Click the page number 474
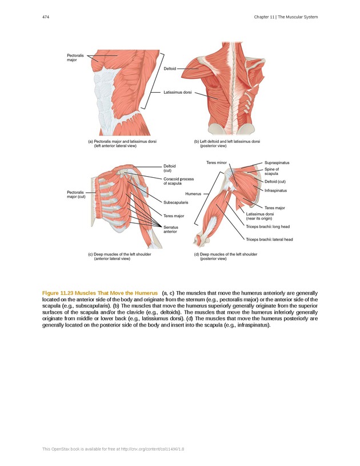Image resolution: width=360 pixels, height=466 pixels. pos(45,17)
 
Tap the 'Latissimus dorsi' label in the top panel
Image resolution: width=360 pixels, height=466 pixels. pos(177,92)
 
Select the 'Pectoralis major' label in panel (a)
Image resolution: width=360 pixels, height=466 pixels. pos(75,57)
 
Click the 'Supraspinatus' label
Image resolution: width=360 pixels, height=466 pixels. pos(277,163)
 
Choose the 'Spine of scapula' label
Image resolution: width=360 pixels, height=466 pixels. pos(272,172)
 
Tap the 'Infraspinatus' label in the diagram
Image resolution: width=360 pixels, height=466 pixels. pos(275,190)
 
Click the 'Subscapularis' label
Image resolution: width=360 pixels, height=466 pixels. pos(176,202)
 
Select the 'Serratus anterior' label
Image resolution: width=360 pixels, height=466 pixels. pos(171,229)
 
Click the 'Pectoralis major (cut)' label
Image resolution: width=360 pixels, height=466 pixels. pos(76,194)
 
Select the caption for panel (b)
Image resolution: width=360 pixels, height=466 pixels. pos(227,143)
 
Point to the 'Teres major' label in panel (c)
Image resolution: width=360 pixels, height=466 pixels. pos(174,216)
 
